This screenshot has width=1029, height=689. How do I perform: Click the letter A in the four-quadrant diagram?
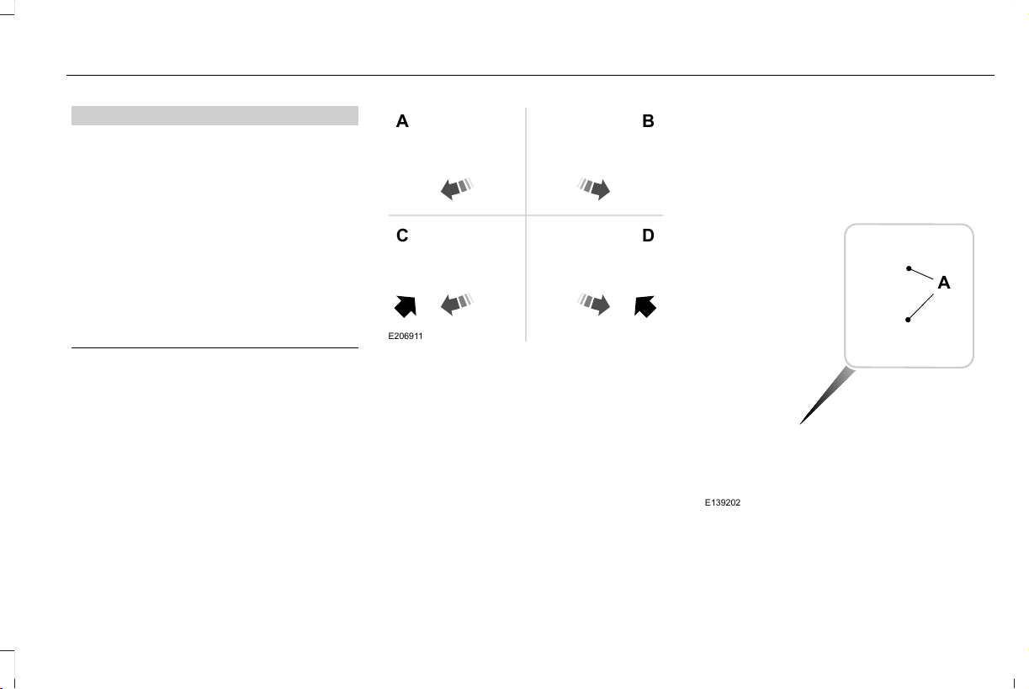point(402,121)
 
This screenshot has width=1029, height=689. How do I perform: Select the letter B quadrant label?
point(648,121)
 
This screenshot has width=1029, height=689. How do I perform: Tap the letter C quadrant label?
point(402,236)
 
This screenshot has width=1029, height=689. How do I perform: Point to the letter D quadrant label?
point(648,236)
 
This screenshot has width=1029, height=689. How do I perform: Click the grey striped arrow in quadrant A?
point(457,188)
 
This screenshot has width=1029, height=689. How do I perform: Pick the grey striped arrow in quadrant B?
point(593,188)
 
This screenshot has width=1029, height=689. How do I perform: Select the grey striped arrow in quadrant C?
point(457,304)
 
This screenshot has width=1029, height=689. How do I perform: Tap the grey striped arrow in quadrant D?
point(593,304)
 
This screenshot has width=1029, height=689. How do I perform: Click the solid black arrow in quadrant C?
point(406,306)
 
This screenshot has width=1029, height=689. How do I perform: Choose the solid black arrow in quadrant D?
point(645,306)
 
